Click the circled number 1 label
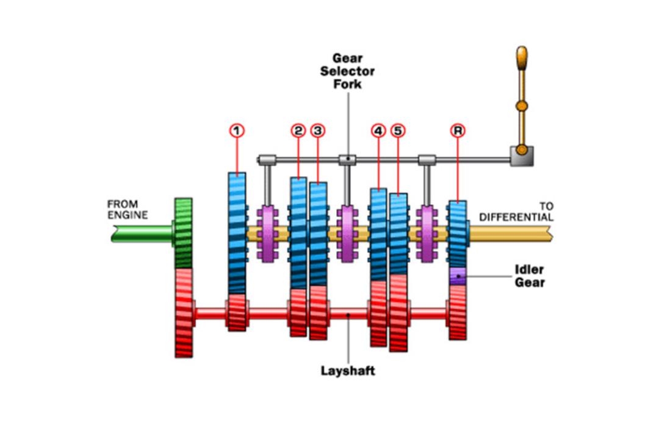(237, 130)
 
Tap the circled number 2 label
(298, 130)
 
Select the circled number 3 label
(318, 130)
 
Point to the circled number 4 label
(378, 130)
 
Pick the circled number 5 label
(398, 130)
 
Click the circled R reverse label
(458, 130)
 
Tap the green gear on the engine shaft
(183, 233)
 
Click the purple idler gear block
(458, 276)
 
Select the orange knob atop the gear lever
(522, 58)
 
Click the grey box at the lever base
(522, 156)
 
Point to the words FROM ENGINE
(128, 209)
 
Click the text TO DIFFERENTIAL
(517, 212)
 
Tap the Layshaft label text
(348, 371)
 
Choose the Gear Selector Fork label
(347, 71)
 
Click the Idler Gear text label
(530, 276)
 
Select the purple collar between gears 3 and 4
(347, 234)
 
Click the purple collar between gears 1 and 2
(267, 234)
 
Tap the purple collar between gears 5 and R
(427, 234)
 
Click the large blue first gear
(237, 233)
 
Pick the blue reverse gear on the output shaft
(458, 234)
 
